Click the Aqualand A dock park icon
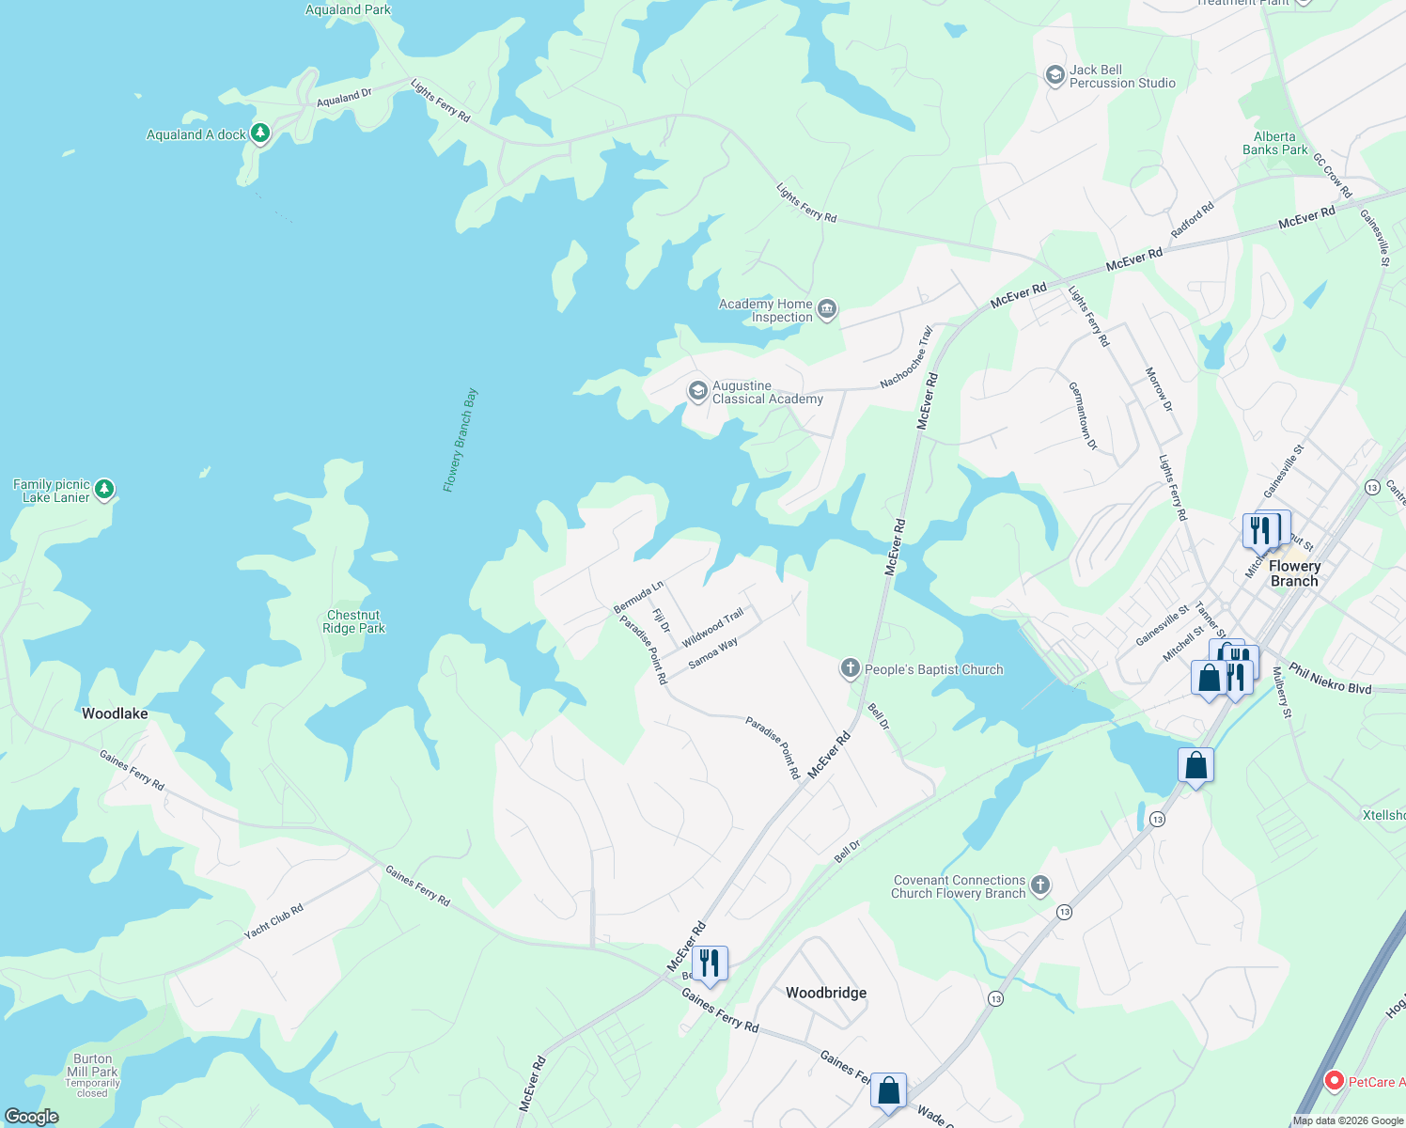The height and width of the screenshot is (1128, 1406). pyautogui.click(x=260, y=133)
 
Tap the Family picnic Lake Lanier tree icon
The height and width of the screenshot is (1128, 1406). pyautogui.click(x=104, y=489)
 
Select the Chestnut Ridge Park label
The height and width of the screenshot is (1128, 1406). pyautogui.click(x=354, y=622)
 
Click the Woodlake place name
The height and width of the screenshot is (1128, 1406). pyautogui.click(x=115, y=713)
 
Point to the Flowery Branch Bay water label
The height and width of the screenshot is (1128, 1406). pyautogui.click(x=461, y=440)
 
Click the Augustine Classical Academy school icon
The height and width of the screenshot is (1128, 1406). pyautogui.click(x=697, y=391)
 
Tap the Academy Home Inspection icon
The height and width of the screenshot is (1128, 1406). pyautogui.click(x=827, y=309)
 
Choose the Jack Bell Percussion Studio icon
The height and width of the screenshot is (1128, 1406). pyautogui.click(x=1054, y=75)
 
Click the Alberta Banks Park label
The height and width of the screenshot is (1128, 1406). pyautogui.click(x=1274, y=143)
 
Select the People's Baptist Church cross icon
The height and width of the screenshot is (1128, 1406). pyautogui.click(x=850, y=668)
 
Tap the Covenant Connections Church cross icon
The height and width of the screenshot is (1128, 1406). pyautogui.click(x=1039, y=885)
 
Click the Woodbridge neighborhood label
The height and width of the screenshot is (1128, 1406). pyautogui.click(x=826, y=993)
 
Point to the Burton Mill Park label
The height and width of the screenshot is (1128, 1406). pyautogui.click(x=92, y=1065)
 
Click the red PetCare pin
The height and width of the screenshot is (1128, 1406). pyautogui.click(x=1334, y=1081)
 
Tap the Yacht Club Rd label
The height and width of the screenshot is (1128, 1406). pyautogui.click(x=273, y=921)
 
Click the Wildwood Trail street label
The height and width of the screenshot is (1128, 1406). pyautogui.click(x=712, y=627)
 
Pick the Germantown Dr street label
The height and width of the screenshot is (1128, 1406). pyautogui.click(x=1083, y=415)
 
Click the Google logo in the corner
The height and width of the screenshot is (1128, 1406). pyautogui.click(x=32, y=1117)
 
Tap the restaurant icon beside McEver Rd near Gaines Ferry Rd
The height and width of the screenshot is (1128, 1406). pyautogui.click(x=710, y=963)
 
